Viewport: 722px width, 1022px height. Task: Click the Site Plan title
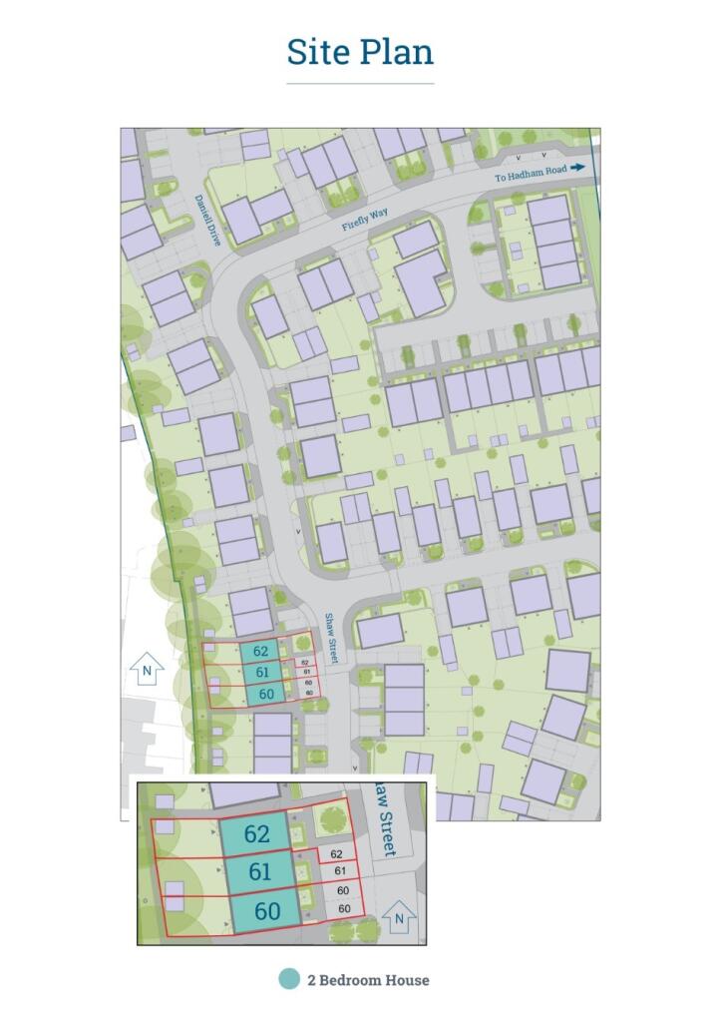[360, 51]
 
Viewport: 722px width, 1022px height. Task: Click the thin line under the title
[360, 84]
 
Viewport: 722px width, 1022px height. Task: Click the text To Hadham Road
[531, 171]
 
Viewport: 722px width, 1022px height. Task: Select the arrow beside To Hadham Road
[578, 170]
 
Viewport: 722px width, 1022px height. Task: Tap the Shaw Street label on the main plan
[332, 640]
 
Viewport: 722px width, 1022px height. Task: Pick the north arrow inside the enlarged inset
[399, 915]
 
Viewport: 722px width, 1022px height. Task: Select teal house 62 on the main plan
[260, 652]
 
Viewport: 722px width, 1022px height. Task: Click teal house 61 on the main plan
[260, 673]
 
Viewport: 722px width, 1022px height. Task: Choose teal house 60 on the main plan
[264, 695]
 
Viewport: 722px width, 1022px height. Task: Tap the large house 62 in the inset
[256, 834]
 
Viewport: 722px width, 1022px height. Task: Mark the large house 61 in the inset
[259, 871]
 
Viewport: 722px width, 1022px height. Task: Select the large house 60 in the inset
[266, 910]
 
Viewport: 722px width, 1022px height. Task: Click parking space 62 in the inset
[336, 854]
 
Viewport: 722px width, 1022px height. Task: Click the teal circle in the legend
[289, 979]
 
